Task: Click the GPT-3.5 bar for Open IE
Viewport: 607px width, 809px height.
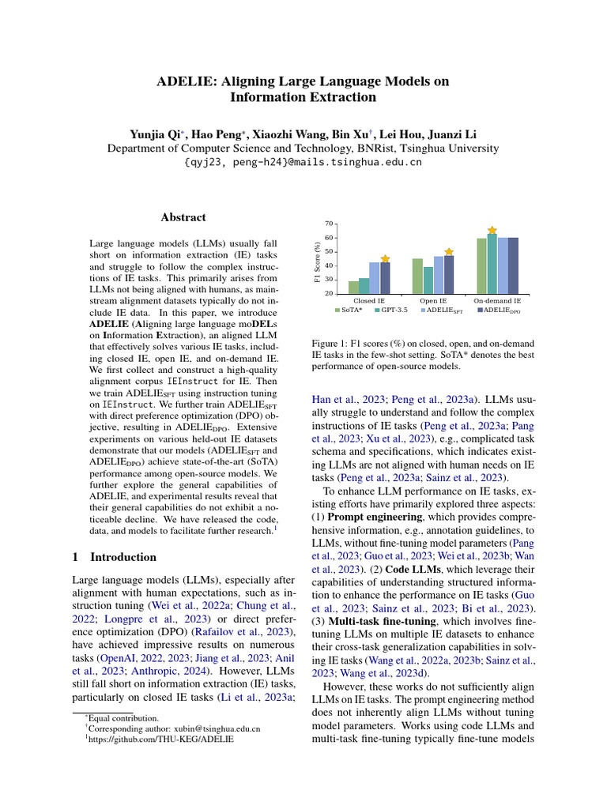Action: tap(428, 280)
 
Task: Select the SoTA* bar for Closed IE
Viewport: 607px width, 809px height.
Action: tap(353, 287)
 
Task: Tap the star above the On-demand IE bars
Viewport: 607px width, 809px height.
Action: tap(492, 229)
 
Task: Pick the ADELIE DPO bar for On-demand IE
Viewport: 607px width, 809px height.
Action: tap(513, 265)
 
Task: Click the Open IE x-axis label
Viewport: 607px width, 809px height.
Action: tap(433, 301)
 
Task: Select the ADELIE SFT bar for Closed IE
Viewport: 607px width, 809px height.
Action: tap(374, 278)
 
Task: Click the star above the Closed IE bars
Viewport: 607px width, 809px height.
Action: tap(385, 258)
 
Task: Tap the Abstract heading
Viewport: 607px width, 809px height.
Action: tap(183, 217)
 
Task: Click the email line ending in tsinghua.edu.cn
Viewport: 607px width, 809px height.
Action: tap(303, 162)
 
